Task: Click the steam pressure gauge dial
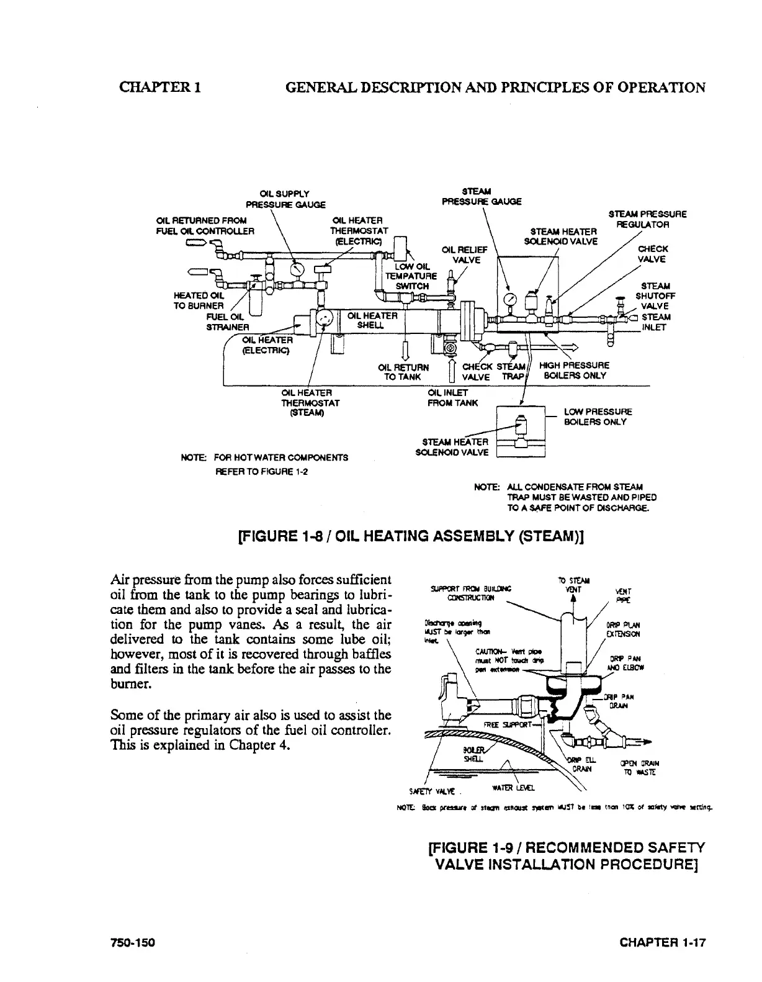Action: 511,299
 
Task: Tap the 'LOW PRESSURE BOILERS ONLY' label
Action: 598,417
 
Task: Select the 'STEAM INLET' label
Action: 655,322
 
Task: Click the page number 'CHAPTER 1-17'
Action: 663,943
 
